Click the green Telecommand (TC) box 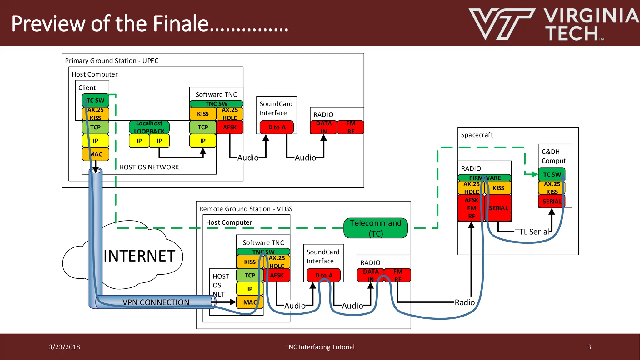tap(375, 228)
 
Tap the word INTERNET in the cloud tap(139, 256)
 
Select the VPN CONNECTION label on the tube tap(156, 302)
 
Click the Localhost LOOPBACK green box tap(149, 127)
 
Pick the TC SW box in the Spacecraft tap(552, 174)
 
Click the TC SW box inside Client tap(96, 100)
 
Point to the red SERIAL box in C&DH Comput tap(552, 202)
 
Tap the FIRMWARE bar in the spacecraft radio tap(484, 178)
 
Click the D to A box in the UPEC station tap(277, 127)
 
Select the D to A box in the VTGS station tap(323, 275)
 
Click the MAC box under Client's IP tap(96, 154)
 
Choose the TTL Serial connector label tap(532, 232)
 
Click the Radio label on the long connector tap(464, 302)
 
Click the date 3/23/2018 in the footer tap(64, 347)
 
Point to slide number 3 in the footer tap(589, 347)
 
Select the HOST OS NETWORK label tap(149, 167)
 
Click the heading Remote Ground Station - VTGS tap(246, 209)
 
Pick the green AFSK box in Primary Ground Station tap(230, 127)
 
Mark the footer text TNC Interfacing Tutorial tap(320, 347)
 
